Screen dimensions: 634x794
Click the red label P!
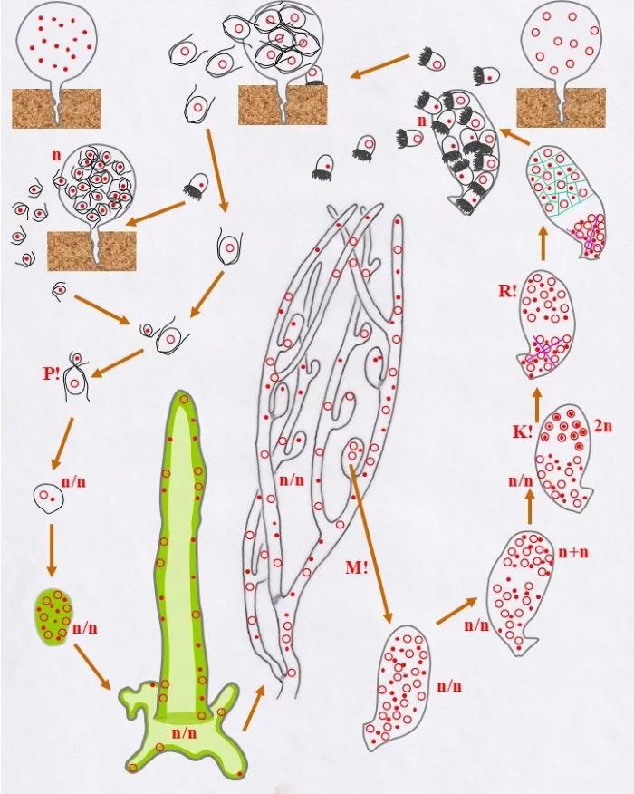tap(51, 373)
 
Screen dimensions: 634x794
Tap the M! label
tap(357, 567)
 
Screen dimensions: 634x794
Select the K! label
tap(523, 432)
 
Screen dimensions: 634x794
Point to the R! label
tap(507, 292)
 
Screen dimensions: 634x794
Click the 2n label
tap(602, 426)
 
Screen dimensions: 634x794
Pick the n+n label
tap(574, 552)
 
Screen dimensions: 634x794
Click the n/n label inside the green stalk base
tap(185, 732)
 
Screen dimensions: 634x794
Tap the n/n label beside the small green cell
tap(85, 628)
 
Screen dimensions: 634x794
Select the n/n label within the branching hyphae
tap(292, 479)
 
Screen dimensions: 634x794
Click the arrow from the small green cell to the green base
tap(92, 666)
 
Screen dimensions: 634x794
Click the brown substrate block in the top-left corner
tap(57, 109)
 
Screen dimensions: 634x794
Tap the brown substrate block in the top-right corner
tap(561, 108)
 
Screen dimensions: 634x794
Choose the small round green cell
tap(53, 614)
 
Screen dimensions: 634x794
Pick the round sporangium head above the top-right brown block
tap(561, 41)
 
